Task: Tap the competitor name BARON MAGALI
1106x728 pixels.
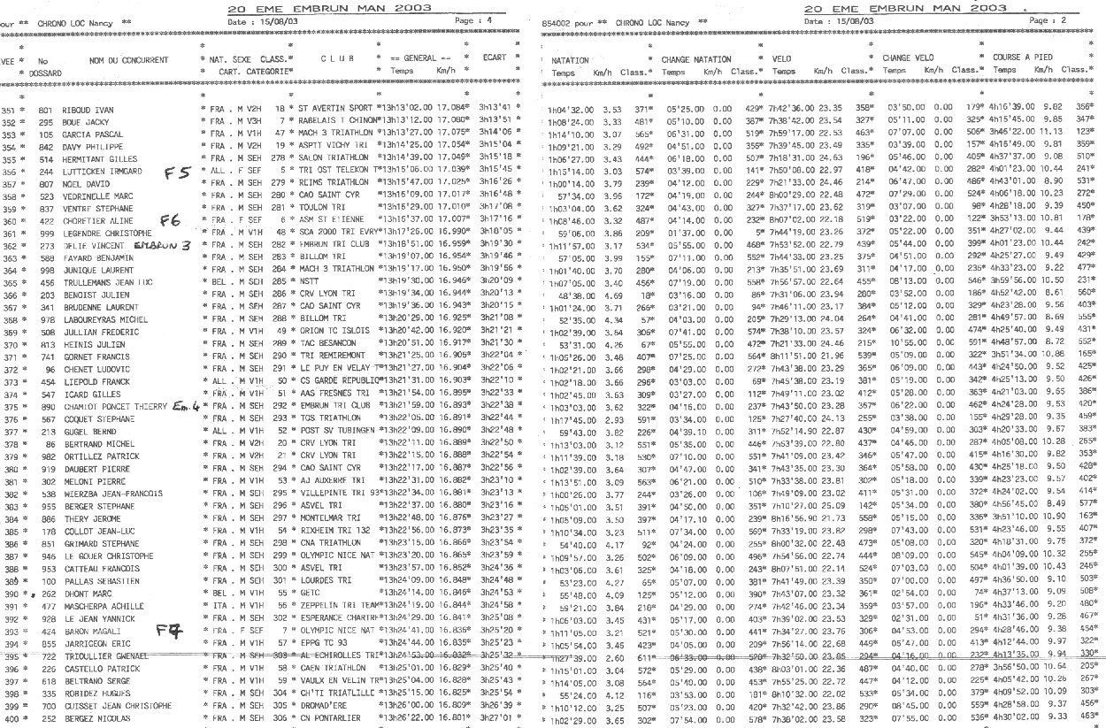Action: (84, 632)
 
